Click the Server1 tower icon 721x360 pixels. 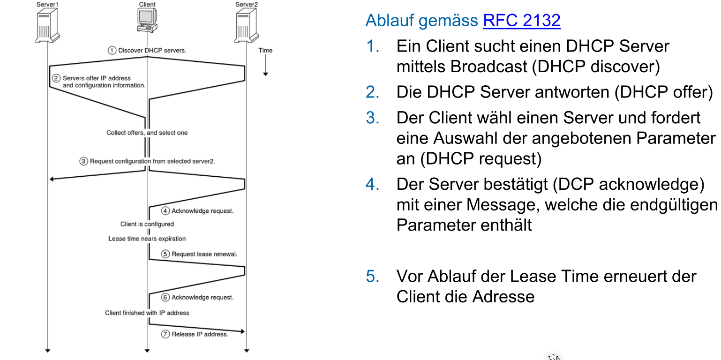click(48, 26)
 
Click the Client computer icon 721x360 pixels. click(147, 21)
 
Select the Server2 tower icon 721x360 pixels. click(247, 26)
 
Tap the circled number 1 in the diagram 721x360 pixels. click(112, 50)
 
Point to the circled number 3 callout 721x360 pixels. click(83, 161)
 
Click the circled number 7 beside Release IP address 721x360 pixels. click(165, 334)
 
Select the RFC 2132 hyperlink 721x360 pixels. click(521, 21)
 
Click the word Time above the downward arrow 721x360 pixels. click(265, 50)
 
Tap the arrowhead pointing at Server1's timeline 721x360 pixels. click(53, 179)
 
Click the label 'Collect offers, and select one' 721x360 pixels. click(147, 133)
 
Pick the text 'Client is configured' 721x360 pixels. click(147, 224)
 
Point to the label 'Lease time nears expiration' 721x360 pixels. click(147, 239)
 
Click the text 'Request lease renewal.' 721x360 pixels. click(204, 254)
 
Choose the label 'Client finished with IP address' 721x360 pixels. click(147, 313)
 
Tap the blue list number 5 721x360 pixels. click(373, 277)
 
